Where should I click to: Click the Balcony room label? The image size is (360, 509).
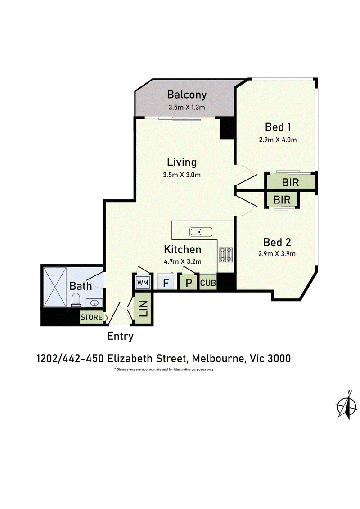(187, 95)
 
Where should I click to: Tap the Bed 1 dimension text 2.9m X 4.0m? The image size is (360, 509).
(278, 140)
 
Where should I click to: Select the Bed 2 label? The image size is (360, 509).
(277, 242)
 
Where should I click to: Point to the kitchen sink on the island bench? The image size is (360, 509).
(201, 232)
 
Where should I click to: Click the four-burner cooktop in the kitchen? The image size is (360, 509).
(225, 255)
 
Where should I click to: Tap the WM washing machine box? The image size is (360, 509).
(143, 283)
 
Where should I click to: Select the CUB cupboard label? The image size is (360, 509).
(208, 283)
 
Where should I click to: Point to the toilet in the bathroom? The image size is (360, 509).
(76, 300)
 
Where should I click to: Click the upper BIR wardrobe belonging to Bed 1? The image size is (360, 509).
(291, 182)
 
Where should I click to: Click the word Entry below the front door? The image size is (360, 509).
(120, 337)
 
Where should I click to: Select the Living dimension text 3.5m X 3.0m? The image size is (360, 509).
(182, 175)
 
